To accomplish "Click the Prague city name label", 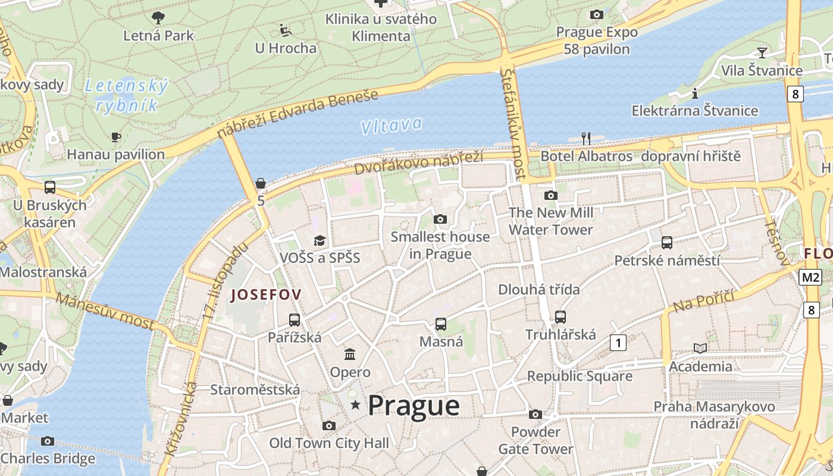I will click(x=414, y=406).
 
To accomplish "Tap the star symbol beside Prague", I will click(x=355, y=405).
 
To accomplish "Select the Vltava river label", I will click(x=391, y=125).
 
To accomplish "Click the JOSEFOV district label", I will click(x=265, y=294).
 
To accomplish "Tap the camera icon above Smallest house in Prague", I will click(x=440, y=219).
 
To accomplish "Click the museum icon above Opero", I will click(x=350, y=355).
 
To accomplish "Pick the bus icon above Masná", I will click(x=440, y=324).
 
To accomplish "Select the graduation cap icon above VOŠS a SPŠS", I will click(x=320, y=240).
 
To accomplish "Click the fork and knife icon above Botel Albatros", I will click(x=586, y=139).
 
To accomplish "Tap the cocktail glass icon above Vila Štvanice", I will click(x=762, y=52).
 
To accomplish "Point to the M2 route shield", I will click(x=810, y=277).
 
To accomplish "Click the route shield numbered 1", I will click(x=619, y=343).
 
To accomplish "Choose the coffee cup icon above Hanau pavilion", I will click(x=116, y=137).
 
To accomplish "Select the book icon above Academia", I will click(x=700, y=348).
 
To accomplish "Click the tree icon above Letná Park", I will click(x=158, y=17).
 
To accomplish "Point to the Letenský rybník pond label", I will click(x=127, y=96).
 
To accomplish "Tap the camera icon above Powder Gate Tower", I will click(x=535, y=414).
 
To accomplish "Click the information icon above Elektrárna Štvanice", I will click(x=694, y=93).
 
